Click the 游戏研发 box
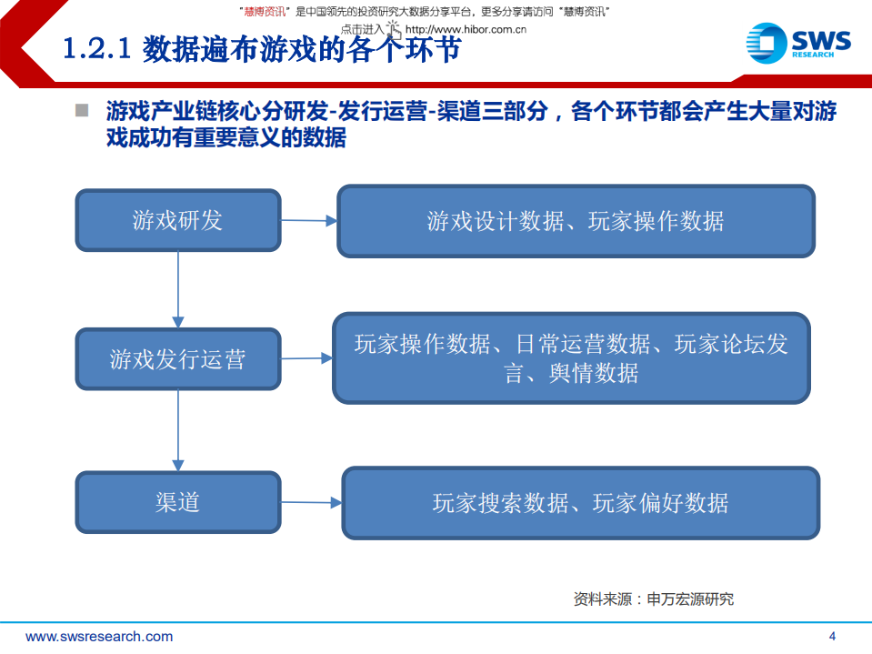click(177, 221)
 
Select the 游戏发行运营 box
click(177, 359)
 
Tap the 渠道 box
click(177, 502)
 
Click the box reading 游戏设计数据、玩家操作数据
click(576, 221)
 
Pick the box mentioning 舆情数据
click(571, 357)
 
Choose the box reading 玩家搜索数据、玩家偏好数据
click(580, 503)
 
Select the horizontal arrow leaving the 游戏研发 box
click(309, 220)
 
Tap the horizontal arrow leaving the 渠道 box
click(311, 502)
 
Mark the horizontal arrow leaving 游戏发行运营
click(306, 358)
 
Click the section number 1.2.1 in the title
click(97, 49)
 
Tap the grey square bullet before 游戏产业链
click(82, 111)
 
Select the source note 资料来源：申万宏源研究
click(653, 599)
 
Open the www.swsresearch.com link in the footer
click(99, 637)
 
